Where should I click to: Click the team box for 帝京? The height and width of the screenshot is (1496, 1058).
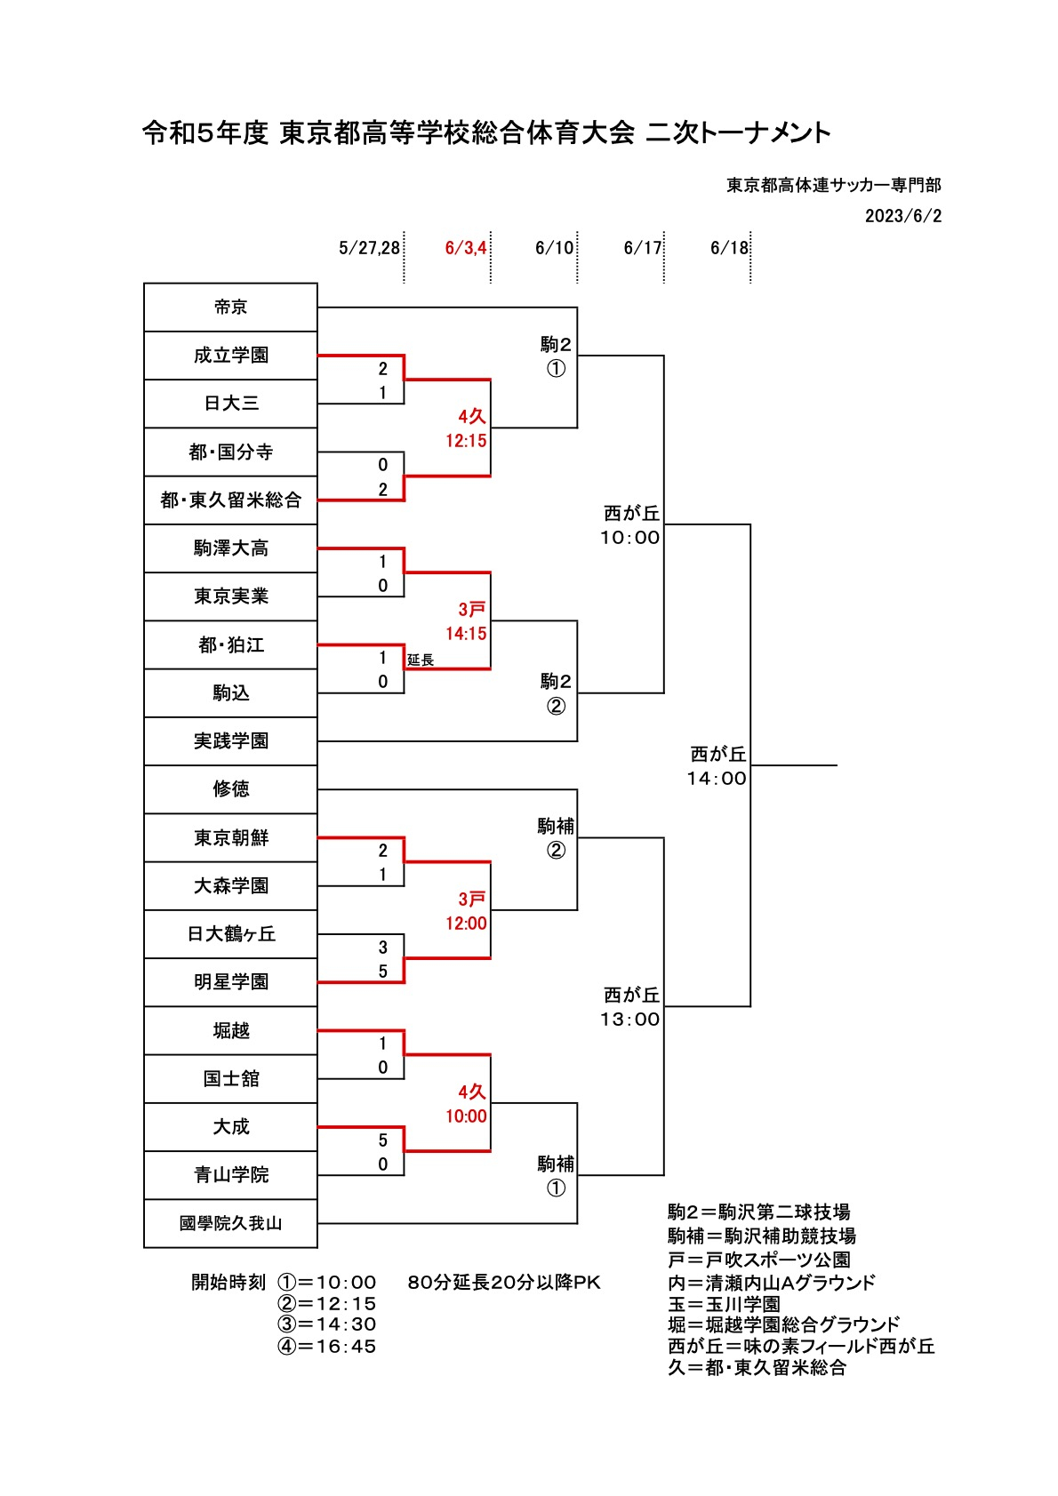[230, 308]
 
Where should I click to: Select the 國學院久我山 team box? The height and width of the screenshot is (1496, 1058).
[230, 1223]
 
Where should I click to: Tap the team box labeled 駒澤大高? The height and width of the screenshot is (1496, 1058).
[230, 548]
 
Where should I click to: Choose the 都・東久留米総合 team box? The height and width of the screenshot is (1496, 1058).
[230, 500]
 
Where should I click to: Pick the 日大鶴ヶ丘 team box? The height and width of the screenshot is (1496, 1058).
[230, 933]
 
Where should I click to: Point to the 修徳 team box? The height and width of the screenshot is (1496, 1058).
[230, 788]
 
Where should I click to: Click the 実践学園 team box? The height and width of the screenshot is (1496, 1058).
[230, 740]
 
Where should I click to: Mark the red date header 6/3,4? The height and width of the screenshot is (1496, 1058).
[466, 248]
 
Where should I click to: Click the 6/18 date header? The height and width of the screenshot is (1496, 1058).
[729, 248]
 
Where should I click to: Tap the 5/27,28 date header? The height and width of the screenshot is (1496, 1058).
[369, 248]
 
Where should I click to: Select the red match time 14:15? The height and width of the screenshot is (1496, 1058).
[466, 633]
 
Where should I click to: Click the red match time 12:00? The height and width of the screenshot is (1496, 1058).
[466, 923]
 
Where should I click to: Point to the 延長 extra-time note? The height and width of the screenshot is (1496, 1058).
[421, 660]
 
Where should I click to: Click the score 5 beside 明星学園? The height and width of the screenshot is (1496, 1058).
[382, 971]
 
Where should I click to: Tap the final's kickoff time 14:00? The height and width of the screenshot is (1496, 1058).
[717, 778]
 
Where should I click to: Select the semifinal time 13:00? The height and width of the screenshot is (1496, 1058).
[629, 1020]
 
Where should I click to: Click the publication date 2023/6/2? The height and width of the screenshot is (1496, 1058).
[903, 216]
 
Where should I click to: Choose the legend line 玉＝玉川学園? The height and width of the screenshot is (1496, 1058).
[724, 1304]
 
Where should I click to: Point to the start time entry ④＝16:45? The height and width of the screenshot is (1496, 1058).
[326, 1346]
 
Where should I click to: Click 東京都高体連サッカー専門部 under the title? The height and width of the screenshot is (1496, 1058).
[834, 185]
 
